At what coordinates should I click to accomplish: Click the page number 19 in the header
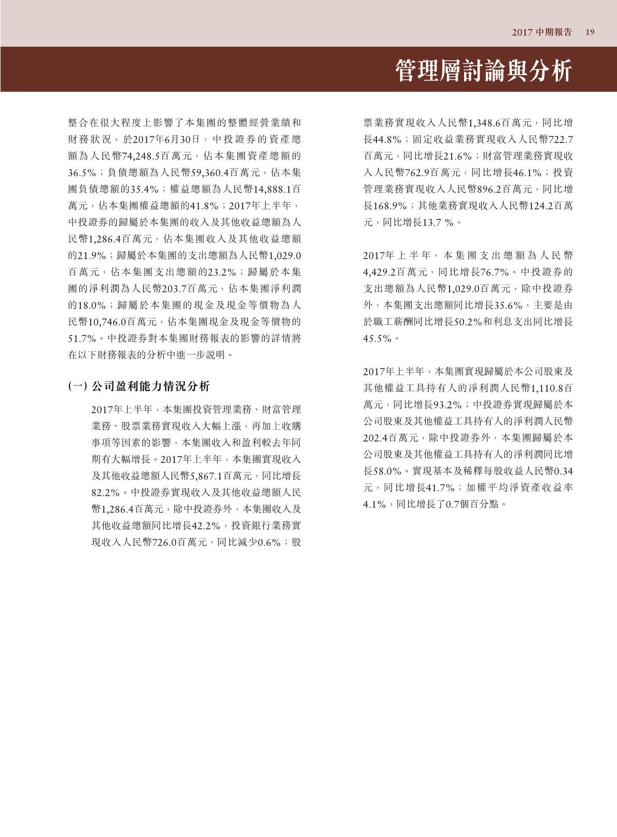point(590,32)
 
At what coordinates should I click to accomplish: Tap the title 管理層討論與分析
point(483,70)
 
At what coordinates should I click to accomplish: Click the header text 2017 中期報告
point(542,32)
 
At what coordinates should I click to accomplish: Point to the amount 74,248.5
point(141,155)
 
